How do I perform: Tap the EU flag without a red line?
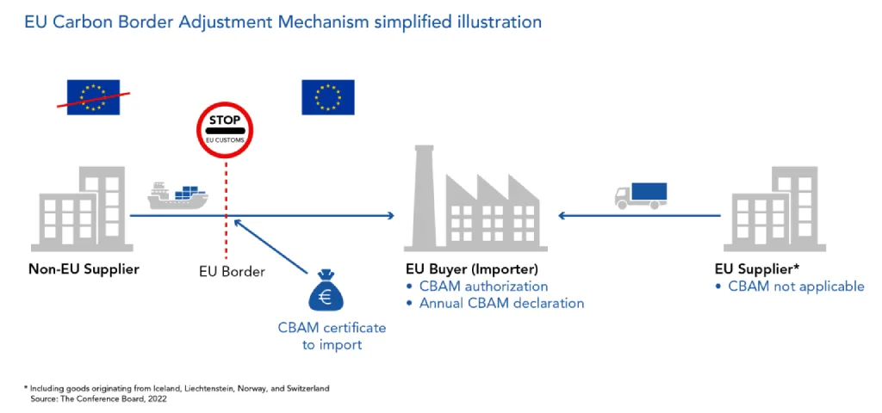point(327,97)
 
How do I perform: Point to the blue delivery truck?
point(641,195)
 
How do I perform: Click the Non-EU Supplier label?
point(84,269)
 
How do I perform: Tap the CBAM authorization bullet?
point(483,286)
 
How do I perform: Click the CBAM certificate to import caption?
point(332,336)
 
